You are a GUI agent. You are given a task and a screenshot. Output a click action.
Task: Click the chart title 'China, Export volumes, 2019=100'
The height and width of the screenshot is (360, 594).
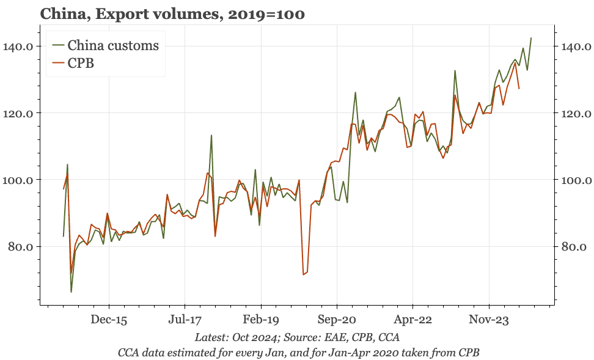click(172, 13)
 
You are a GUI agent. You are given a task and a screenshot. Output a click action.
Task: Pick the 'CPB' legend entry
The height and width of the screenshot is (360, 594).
click(81, 63)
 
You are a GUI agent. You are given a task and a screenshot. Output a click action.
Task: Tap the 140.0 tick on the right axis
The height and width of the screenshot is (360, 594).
click(574, 46)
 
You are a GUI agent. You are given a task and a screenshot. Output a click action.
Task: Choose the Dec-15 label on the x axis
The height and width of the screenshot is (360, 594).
click(109, 319)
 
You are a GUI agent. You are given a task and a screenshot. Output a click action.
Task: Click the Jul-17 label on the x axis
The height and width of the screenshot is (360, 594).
click(185, 319)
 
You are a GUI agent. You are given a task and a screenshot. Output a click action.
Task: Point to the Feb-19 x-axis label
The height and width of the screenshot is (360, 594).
click(261, 319)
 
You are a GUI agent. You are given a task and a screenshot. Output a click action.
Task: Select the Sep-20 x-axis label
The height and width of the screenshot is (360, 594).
click(337, 319)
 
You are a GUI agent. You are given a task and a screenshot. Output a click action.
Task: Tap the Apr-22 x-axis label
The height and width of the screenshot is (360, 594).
click(413, 319)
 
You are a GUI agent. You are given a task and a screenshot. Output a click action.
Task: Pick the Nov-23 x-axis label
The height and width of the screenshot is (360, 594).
click(489, 319)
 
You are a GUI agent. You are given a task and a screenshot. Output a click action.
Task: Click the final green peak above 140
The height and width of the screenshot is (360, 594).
click(531, 38)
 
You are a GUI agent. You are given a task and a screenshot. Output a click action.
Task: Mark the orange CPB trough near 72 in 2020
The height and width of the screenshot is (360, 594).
click(303, 274)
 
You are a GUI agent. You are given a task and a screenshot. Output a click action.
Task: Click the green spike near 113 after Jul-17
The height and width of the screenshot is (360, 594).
click(211, 136)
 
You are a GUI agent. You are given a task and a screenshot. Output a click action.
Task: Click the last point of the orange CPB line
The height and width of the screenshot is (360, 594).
click(519, 89)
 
